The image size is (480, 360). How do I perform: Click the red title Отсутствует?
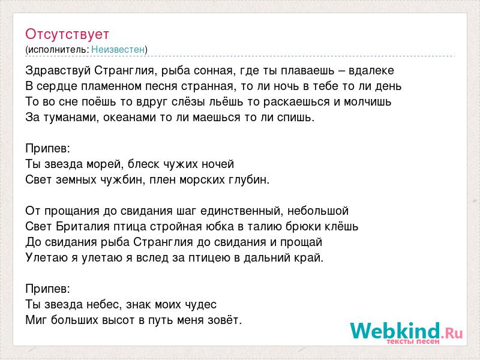pyautogui.click(x=67, y=34)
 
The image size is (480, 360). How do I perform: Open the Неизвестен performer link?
pyautogui.click(x=118, y=49)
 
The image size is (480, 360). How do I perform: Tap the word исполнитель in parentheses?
pyautogui.click(x=58, y=50)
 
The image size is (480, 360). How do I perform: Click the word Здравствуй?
pyautogui.click(x=58, y=71)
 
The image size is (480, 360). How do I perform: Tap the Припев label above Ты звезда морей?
pyautogui.click(x=48, y=149)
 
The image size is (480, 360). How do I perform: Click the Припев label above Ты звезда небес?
pyautogui.click(x=48, y=289)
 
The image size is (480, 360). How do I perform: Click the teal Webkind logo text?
pyautogui.click(x=395, y=330)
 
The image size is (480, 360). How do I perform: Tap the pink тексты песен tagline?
pyautogui.click(x=413, y=341)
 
